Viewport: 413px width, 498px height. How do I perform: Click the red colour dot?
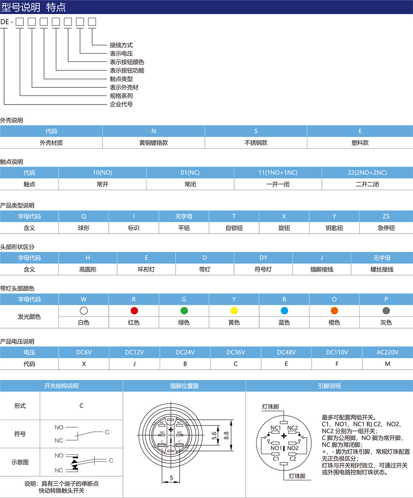134,311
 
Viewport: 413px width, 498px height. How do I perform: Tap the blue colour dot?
284,311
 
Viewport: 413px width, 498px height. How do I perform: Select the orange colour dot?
334,311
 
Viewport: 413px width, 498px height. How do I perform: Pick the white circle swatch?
84,311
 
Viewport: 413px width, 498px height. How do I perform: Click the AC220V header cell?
388,352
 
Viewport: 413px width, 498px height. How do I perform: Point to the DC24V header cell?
185,352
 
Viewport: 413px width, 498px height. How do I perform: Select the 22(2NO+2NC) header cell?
367,172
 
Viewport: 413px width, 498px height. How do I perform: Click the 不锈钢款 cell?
256,143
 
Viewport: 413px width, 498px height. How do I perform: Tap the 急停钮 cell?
386,228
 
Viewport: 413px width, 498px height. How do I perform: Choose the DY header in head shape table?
263,258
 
